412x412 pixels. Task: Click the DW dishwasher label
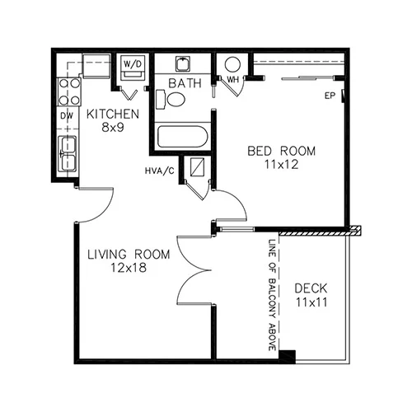click(67, 116)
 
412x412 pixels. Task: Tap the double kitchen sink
click(67, 153)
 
